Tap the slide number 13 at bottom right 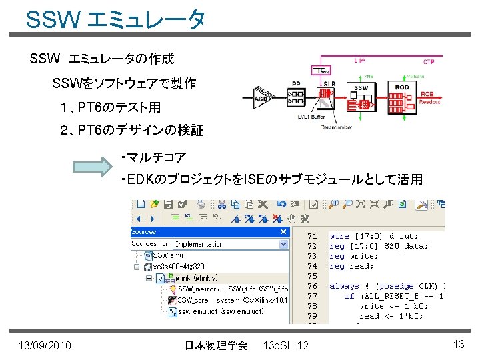click(x=458, y=344)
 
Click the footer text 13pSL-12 click(x=286, y=345)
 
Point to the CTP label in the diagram click(x=428, y=61)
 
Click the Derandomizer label click(x=337, y=126)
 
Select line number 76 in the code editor click(x=312, y=286)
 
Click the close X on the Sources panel click(x=283, y=232)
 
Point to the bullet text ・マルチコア click(x=153, y=157)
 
